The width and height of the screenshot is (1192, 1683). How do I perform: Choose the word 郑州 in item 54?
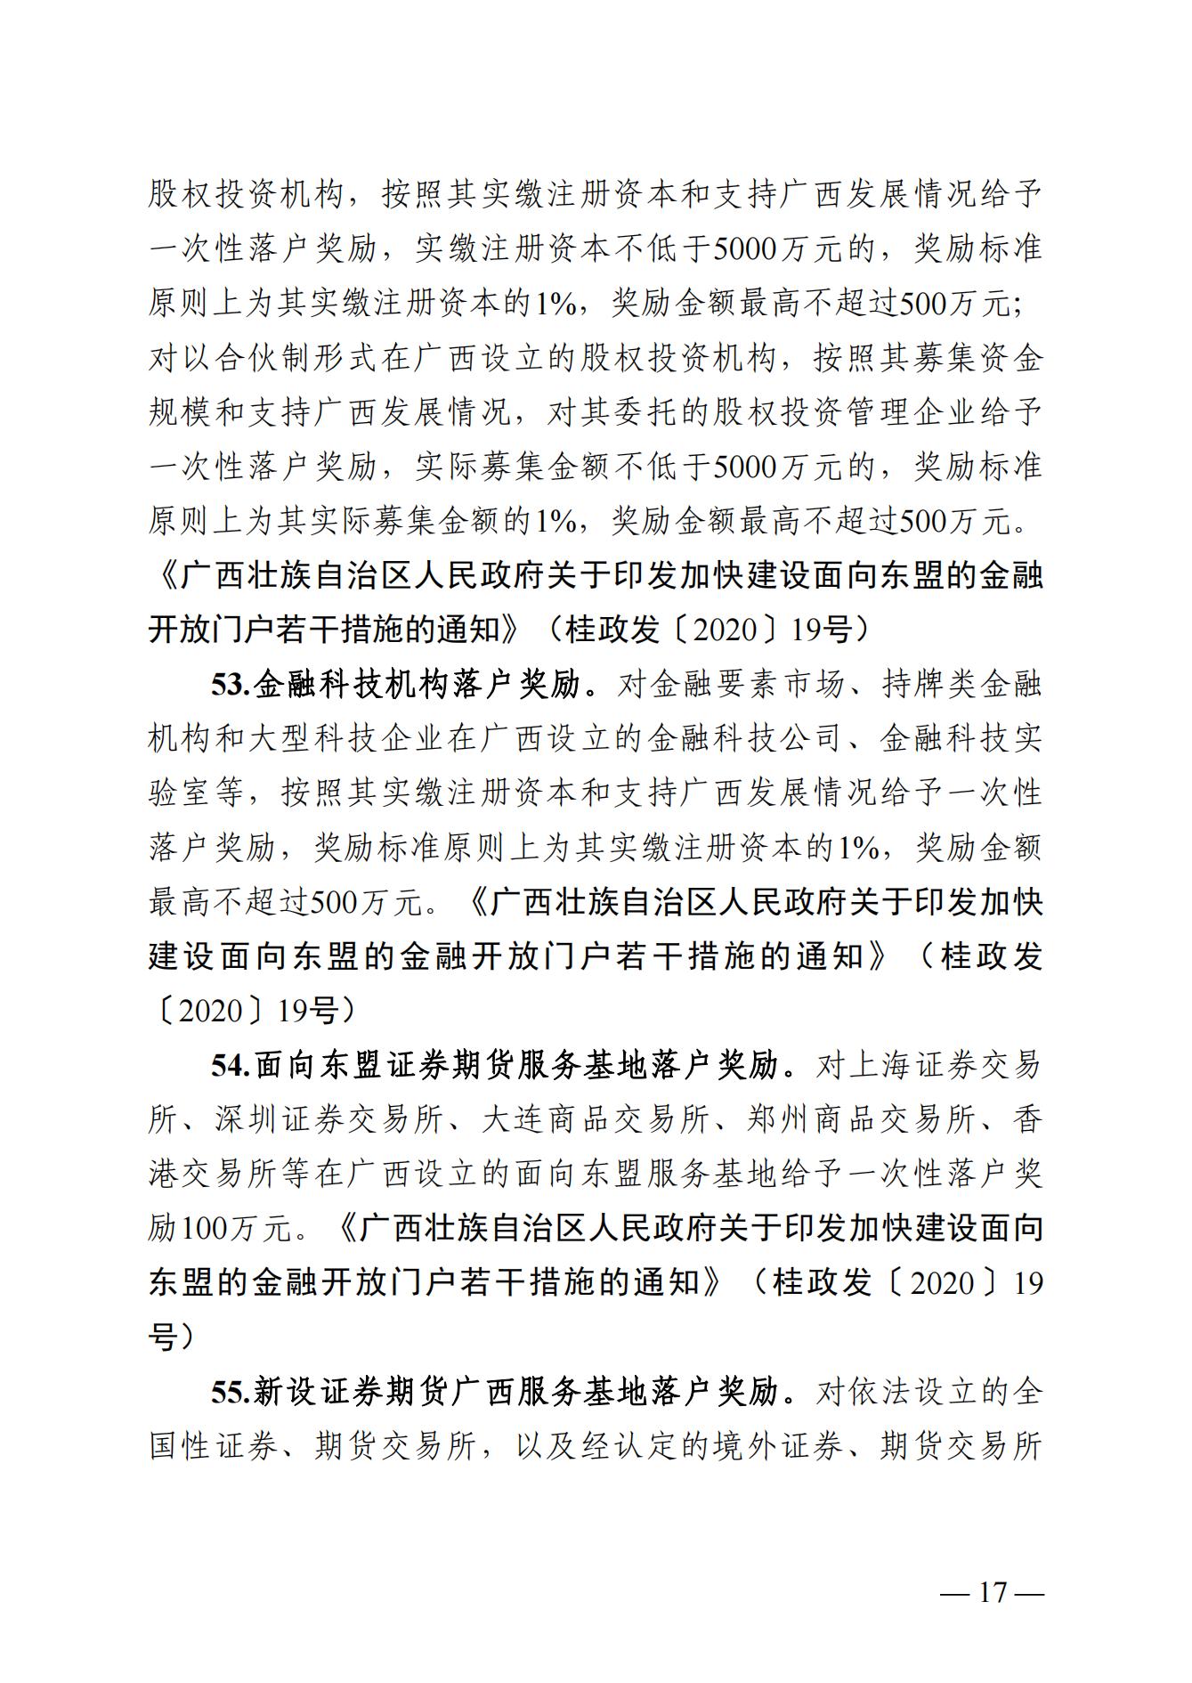pos(781,1119)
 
